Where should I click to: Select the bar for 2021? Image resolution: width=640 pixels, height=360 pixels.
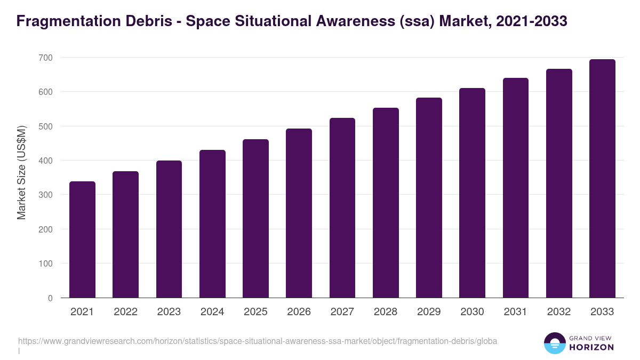pos(82,239)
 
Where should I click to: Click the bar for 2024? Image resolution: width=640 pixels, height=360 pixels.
pos(212,224)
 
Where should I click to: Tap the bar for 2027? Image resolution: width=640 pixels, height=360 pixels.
pos(342,208)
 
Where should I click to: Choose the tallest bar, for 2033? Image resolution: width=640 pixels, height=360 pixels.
pos(602,179)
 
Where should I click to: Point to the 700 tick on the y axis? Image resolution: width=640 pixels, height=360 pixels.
pos(46,58)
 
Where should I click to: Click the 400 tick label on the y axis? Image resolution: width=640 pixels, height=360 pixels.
pos(46,161)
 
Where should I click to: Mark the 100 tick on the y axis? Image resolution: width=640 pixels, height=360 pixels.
pos(46,264)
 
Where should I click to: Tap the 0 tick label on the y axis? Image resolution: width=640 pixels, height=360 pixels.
pos(50,298)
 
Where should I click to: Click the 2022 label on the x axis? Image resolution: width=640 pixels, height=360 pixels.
pos(125,312)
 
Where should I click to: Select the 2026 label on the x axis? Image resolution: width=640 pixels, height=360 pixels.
pos(299,312)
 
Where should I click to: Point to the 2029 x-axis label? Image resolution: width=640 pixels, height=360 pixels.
pos(429,312)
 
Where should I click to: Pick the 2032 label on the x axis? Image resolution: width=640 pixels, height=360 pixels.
pos(559,312)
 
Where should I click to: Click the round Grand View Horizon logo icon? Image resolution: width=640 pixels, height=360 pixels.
pos(554,343)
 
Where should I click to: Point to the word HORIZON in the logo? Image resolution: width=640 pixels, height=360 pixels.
pos(591,347)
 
